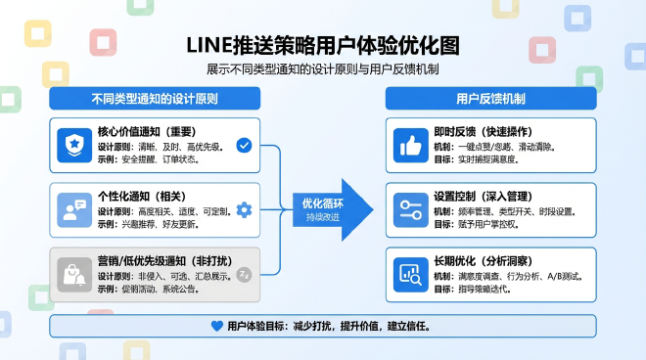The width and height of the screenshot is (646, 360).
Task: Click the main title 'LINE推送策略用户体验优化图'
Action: (x=322, y=46)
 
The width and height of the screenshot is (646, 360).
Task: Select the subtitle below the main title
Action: (x=322, y=70)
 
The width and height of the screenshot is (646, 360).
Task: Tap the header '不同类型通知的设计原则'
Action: (x=155, y=99)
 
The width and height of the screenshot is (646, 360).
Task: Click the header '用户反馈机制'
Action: (x=490, y=99)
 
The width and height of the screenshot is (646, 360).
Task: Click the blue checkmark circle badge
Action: (x=244, y=146)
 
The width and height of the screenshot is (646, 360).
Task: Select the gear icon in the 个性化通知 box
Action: (x=244, y=210)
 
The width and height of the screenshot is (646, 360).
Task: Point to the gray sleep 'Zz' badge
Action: (x=244, y=275)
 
